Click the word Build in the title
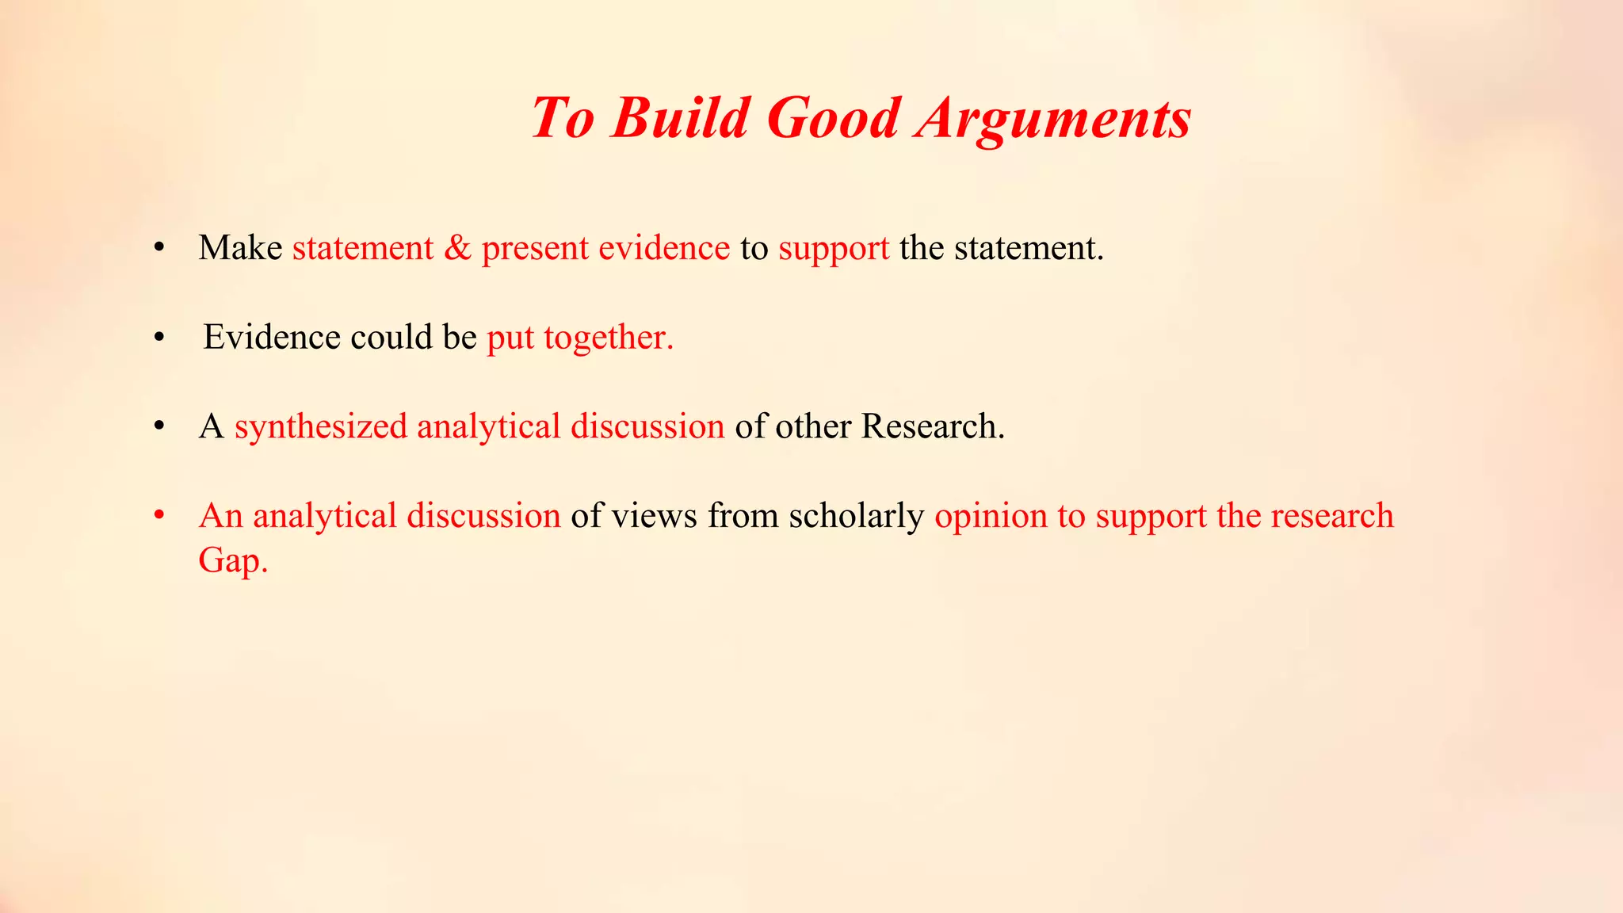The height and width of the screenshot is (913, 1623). click(x=680, y=119)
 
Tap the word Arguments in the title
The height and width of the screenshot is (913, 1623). click(x=1052, y=119)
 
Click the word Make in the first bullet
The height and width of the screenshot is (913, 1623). click(x=240, y=248)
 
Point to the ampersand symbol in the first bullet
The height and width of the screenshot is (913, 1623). click(x=457, y=248)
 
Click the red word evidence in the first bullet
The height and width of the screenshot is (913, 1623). click(x=664, y=248)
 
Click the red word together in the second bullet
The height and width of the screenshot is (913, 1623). click(x=609, y=338)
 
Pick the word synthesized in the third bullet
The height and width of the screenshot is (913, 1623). click(x=321, y=427)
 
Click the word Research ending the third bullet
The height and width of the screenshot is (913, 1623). click(x=933, y=426)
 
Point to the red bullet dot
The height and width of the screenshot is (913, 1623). click(x=159, y=516)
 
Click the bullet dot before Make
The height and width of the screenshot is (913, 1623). click(x=159, y=248)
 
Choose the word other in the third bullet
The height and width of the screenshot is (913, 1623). click(x=813, y=426)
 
